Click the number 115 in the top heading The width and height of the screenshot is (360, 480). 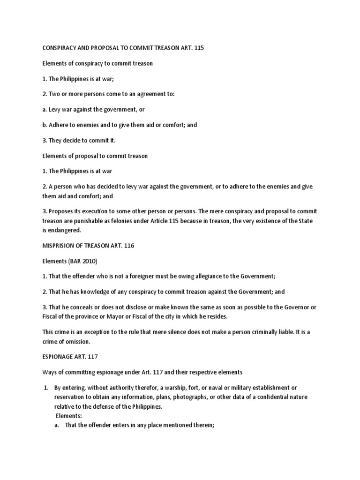pyautogui.click(x=210, y=49)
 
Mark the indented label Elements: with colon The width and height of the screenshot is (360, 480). pyautogui.click(x=69, y=415)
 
